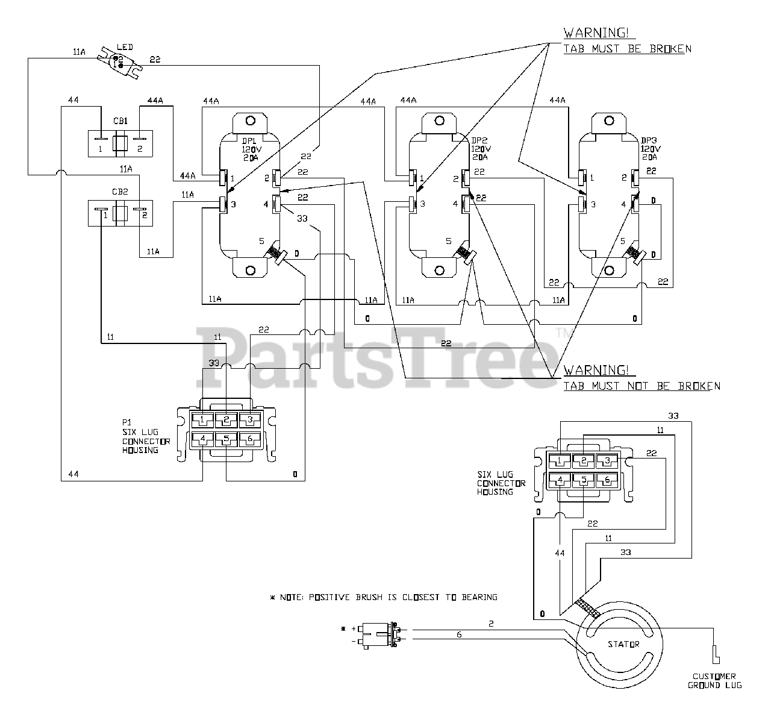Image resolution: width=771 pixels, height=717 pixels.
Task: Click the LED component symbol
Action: (x=119, y=63)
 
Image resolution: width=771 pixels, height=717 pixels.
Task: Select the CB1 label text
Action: (x=120, y=121)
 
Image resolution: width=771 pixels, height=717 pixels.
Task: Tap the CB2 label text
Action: (x=120, y=192)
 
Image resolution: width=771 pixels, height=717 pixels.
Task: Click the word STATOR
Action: (x=623, y=644)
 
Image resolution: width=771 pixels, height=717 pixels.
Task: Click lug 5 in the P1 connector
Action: (x=226, y=439)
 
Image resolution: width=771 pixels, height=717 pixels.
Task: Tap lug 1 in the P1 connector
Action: (x=202, y=420)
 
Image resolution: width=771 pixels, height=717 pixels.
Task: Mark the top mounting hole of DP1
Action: (x=251, y=121)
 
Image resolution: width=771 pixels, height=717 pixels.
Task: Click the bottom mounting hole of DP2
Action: (x=440, y=271)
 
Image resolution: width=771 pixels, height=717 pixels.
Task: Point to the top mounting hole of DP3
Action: (x=609, y=121)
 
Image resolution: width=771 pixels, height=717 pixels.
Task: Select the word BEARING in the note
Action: (x=479, y=597)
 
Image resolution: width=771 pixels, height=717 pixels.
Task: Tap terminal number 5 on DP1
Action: (x=261, y=241)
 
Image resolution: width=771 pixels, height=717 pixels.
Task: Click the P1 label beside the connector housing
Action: (x=127, y=422)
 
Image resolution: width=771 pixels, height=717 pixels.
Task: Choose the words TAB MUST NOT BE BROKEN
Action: (x=641, y=386)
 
